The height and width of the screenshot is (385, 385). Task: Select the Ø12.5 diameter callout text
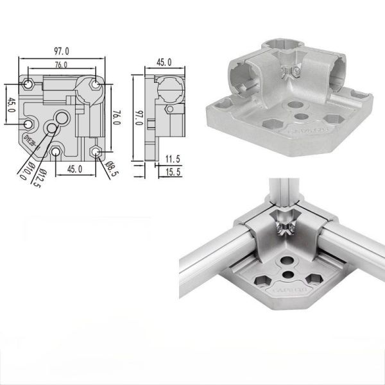38,175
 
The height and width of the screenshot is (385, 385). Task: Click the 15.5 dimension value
173,171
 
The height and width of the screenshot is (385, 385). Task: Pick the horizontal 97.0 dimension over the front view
62,51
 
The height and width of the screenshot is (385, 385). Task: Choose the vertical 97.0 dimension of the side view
137,119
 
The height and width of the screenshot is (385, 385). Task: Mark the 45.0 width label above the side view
164,62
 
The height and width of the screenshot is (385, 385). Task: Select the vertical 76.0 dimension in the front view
116,119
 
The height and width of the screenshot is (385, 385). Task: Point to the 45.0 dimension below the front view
75,169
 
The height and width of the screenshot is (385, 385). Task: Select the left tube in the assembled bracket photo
205,263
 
